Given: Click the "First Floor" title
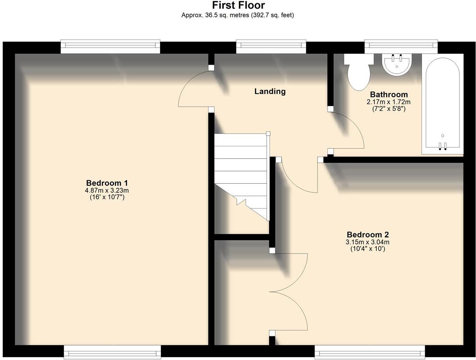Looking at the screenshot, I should (238, 6).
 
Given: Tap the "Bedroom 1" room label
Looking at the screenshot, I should (107, 183).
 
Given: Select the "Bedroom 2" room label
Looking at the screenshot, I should (368, 235).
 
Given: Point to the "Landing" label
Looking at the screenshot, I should (270, 91).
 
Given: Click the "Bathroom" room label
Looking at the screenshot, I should (389, 95).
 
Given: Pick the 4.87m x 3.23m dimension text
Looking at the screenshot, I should (107, 190).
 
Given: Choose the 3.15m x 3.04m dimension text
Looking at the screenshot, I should (368, 242).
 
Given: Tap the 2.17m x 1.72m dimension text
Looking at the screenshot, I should (389, 102).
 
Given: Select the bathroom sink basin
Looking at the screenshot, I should (397, 65).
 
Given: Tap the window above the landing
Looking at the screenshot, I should (271, 47).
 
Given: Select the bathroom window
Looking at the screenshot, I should (401, 47).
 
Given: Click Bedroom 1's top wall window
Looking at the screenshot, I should (110, 47).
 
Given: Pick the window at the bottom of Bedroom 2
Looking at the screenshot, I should (370, 352).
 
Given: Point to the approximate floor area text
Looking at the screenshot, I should (238, 15).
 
